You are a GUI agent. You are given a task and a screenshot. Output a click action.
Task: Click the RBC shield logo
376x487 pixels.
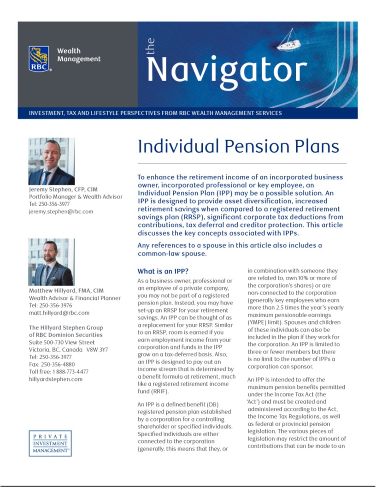click(x=39, y=59)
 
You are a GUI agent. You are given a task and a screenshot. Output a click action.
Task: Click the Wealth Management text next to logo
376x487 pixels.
click(x=78, y=55)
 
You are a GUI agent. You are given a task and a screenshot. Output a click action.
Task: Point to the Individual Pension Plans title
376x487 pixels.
click(x=238, y=146)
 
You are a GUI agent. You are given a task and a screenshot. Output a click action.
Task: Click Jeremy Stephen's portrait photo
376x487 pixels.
click(x=51, y=161)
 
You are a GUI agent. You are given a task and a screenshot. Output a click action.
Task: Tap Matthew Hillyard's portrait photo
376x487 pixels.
click(x=51, y=261)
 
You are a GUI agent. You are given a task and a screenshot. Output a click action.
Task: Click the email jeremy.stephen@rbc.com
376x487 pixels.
click(x=61, y=211)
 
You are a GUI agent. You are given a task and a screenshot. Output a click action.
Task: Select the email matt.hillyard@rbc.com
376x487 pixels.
click(x=59, y=313)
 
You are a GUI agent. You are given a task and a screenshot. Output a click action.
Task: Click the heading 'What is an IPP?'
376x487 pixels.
click(x=163, y=271)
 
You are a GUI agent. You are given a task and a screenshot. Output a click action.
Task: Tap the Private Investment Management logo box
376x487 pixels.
click(x=50, y=443)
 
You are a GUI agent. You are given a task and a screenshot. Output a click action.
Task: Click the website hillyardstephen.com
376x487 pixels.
click(x=55, y=379)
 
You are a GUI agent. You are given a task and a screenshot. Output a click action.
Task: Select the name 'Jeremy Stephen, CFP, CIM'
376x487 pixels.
click(x=63, y=189)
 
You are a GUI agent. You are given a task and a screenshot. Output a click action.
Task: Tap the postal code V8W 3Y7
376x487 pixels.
click(x=97, y=350)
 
